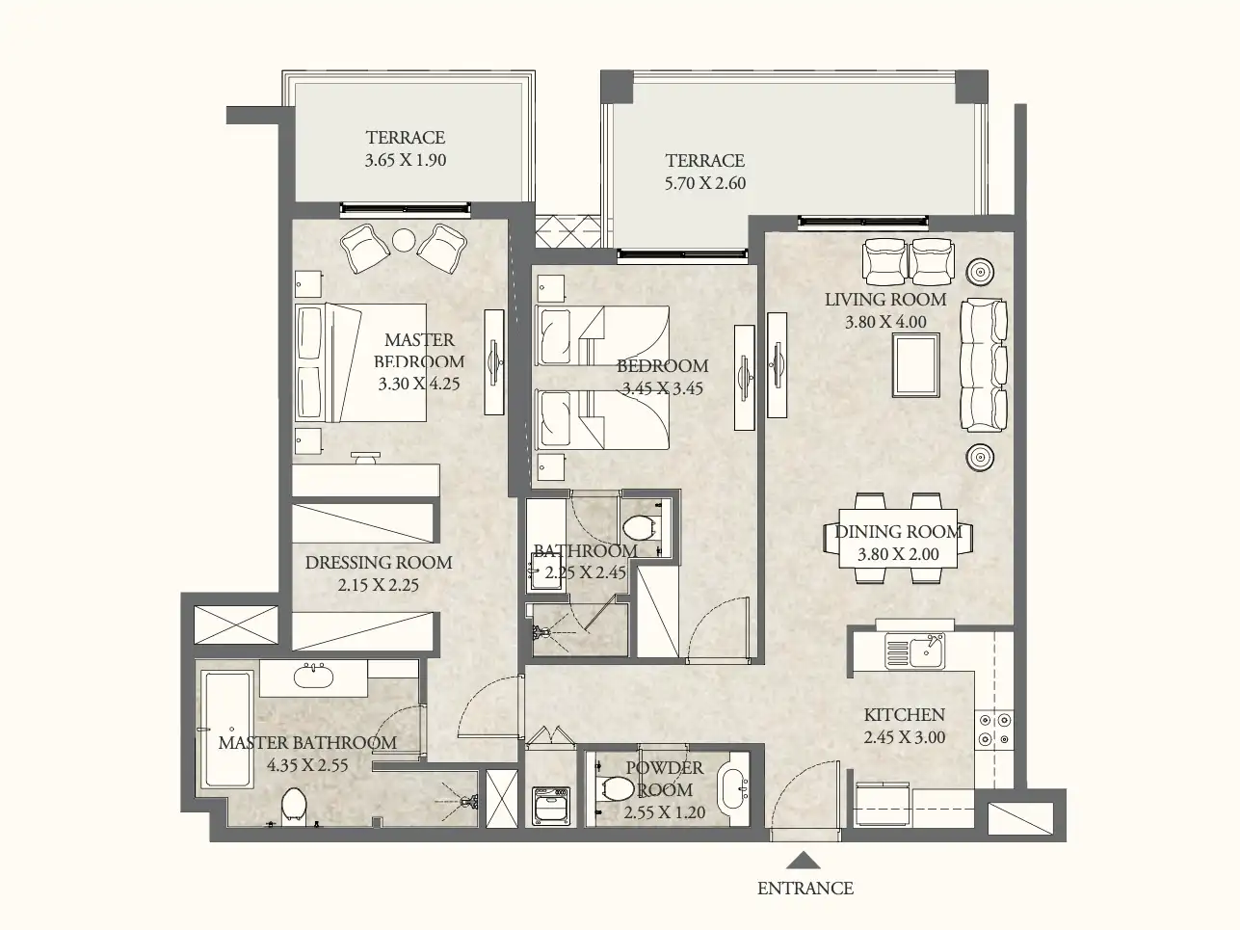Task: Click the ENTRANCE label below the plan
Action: (805, 889)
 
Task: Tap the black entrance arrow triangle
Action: (805, 861)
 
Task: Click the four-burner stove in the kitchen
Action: (993, 730)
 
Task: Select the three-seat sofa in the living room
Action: (983, 364)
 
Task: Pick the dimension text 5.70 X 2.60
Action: (704, 183)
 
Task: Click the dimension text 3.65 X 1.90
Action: (405, 160)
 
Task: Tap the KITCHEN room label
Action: (904, 715)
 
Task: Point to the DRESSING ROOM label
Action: (378, 563)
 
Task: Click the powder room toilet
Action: (614, 788)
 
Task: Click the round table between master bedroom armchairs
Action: (404, 240)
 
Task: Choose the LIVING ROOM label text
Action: (884, 300)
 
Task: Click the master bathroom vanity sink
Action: (313, 677)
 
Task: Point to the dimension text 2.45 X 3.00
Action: (904, 737)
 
